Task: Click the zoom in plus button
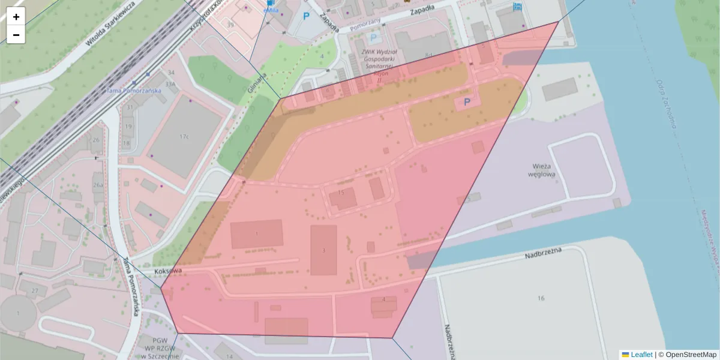tap(16, 17)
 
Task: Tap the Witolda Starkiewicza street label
tap(110, 23)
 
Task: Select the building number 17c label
tap(184, 137)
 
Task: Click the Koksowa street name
tap(167, 271)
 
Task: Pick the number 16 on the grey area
tap(541, 298)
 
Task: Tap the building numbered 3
tap(324, 250)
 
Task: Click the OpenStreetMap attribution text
tap(691, 355)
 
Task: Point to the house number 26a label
tap(98, 184)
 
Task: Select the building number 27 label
tap(35, 291)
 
